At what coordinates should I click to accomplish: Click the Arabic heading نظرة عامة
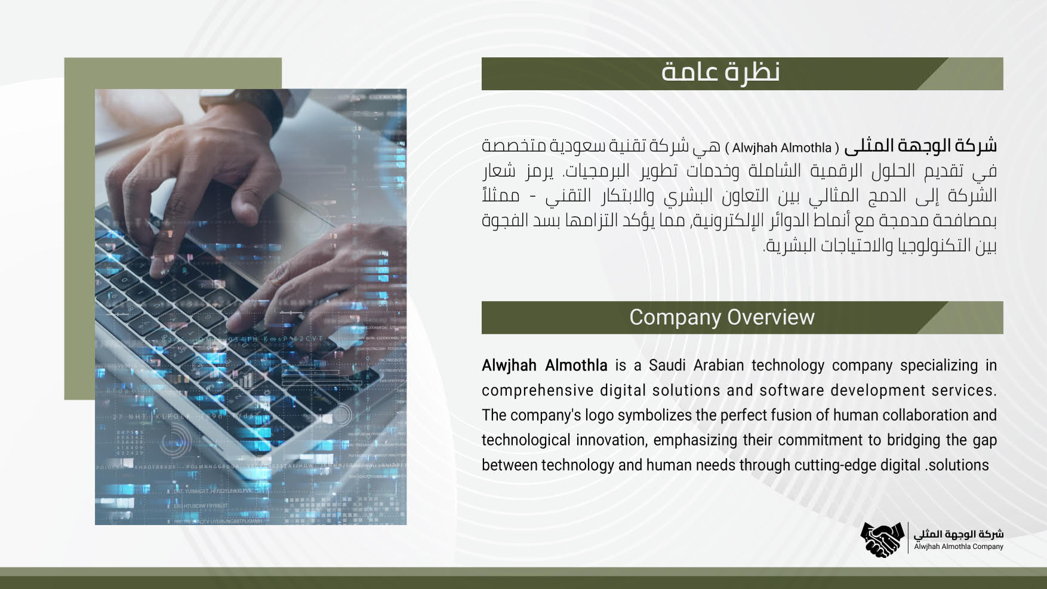pyautogui.click(x=720, y=72)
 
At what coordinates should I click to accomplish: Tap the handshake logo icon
pyautogui.click(x=882, y=539)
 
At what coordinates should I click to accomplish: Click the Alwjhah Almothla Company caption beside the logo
pyautogui.click(x=959, y=547)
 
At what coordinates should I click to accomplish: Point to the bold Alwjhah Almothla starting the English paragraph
pyautogui.click(x=544, y=365)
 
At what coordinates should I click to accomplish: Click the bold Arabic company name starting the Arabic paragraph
pyautogui.click(x=921, y=146)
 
